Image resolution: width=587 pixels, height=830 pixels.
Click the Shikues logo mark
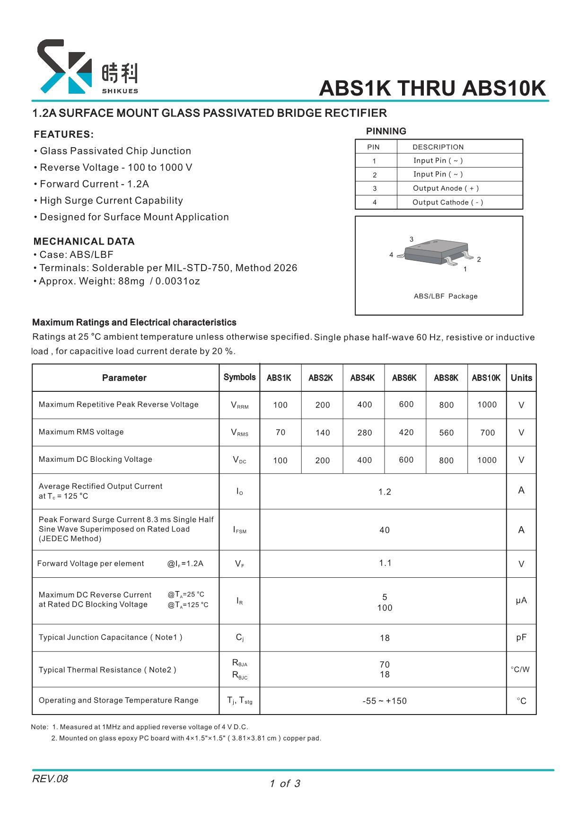tap(64, 67)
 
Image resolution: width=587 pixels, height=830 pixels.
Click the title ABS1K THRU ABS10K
tap(432, 88)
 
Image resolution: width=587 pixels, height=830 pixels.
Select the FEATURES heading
tap(64, 134)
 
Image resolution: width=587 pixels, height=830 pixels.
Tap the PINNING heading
tap(386, 131)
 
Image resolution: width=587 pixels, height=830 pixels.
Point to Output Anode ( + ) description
tap(446, 188)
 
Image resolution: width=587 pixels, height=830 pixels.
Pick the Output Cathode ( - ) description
tap(447, 203)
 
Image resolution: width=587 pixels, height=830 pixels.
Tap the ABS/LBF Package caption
tap(446, 296)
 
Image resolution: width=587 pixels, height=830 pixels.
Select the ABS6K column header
tap(404, 378)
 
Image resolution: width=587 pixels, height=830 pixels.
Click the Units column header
tap(521, 378)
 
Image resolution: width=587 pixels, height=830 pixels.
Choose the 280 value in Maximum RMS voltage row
tap(365, 433)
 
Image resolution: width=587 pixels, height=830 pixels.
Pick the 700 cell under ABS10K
tap(487, 433)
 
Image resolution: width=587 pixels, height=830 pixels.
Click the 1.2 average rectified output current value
tap(385, 492)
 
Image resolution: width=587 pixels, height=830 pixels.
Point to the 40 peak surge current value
tap(385, 530)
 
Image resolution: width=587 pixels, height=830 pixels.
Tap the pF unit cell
tap(521, 637)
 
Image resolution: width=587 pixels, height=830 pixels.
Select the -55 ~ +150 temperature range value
tap(385, 701)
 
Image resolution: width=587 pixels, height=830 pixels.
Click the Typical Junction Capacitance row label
tap(110, 637)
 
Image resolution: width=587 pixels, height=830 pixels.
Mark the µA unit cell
tap(521, 600)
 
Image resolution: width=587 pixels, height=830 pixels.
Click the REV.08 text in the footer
tap(50, 778)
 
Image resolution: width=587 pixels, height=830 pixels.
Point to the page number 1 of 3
tap(285, 784)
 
